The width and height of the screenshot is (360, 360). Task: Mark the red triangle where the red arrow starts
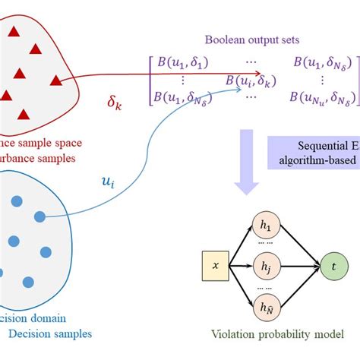click(55, 79)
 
